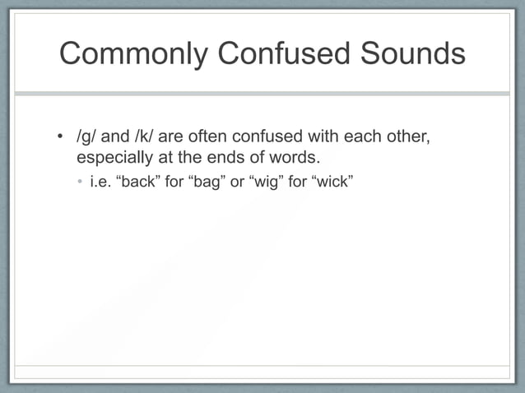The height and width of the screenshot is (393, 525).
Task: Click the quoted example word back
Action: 142,181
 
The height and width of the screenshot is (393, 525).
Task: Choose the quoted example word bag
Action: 207,181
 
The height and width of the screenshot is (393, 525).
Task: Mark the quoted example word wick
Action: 330,181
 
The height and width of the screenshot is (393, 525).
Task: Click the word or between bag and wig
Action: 237,181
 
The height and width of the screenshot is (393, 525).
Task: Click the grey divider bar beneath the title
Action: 262,94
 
